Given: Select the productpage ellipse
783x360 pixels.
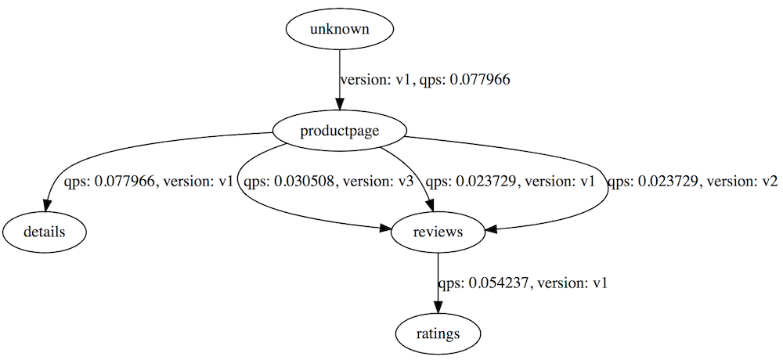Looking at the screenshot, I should click(x=339, y=131).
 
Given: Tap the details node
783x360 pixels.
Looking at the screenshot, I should click(x=44, y=232).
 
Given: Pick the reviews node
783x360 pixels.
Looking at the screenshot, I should click(x=438, y=232).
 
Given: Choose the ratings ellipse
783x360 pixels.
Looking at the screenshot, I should click(x=438, y=333).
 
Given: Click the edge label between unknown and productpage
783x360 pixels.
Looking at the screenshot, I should click(x=425, y=80).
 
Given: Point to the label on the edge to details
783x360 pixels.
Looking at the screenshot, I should click(x=147, y=182).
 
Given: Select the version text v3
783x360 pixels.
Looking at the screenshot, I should click(x=383, y=182).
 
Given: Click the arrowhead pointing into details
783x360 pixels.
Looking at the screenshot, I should click(x=48, y=206).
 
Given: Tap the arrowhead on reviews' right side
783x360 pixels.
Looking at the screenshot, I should click(x=490, y=229).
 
